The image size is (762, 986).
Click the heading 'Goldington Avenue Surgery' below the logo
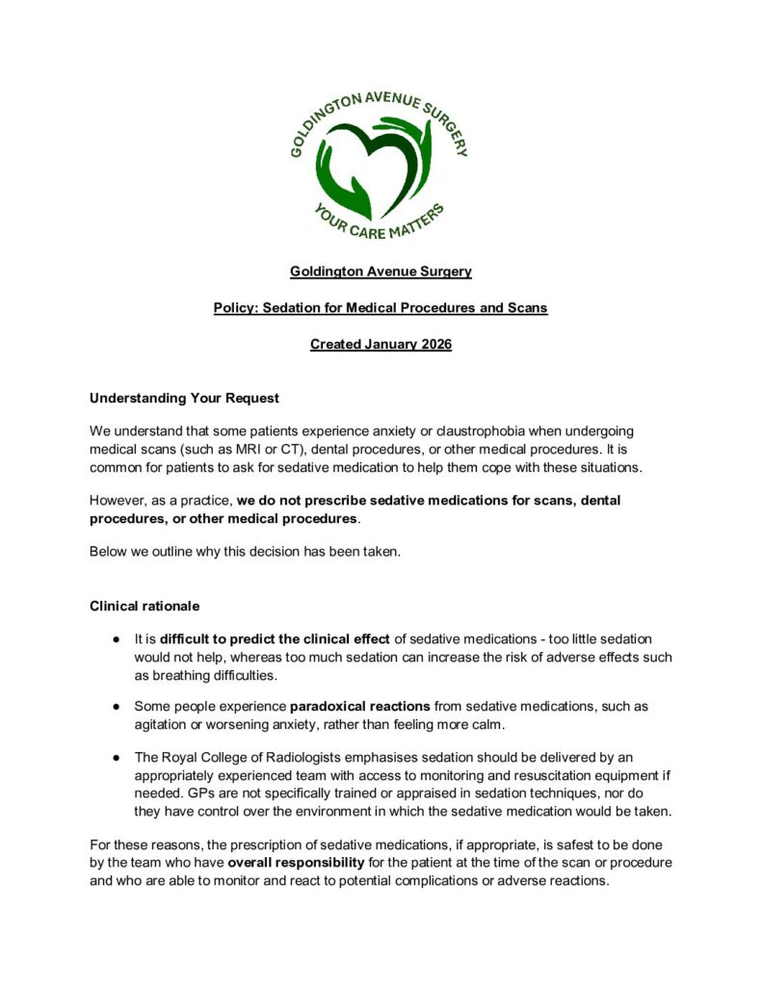coord(381,272)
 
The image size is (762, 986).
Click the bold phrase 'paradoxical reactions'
coord(359,706)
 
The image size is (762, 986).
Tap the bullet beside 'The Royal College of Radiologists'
coord(115,757)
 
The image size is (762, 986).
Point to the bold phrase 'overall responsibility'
coord(295,862)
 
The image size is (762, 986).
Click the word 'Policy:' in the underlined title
coord(237,308)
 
